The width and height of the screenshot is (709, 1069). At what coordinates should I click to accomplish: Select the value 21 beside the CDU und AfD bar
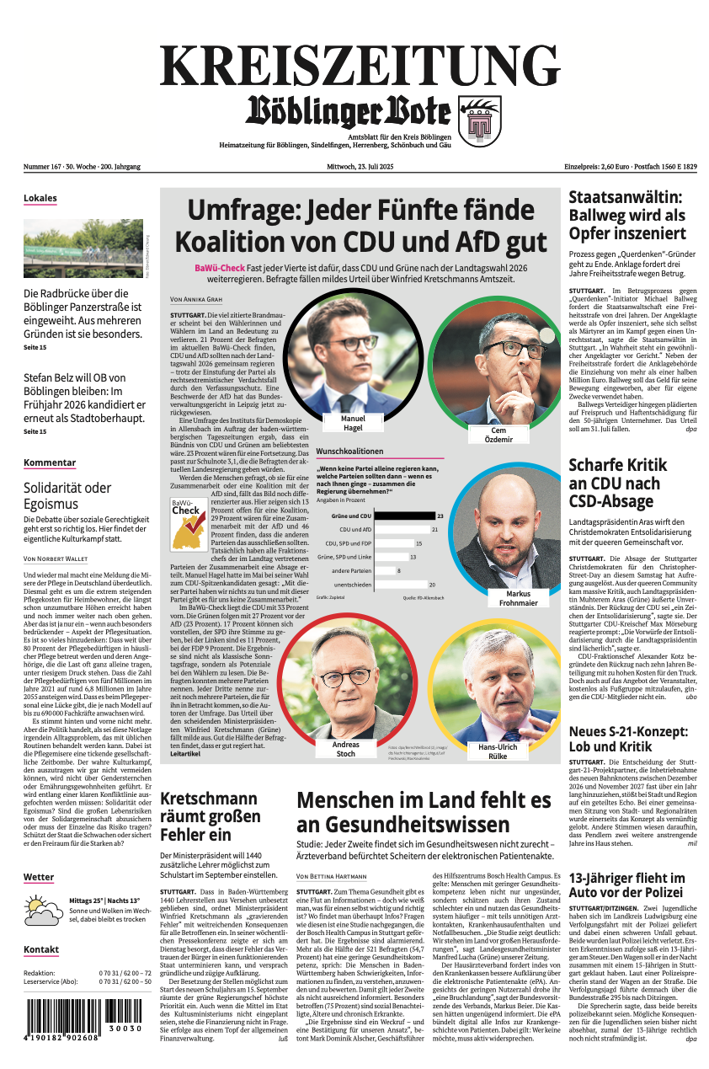click(x=434, y=530)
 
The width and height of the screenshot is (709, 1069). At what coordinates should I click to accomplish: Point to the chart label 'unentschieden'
click(x=353, y=585)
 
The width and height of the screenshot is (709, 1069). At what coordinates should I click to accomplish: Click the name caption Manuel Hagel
click(x=353, y=423)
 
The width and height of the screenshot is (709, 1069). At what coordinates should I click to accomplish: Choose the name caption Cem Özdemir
click(x=498, y=435)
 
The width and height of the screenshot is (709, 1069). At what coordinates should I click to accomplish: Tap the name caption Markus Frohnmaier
click(x=519, y=598)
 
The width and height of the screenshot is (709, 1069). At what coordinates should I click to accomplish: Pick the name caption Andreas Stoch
click(x=345, y=749)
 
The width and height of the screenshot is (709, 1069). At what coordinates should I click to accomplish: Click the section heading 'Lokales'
click(x=40, y=199)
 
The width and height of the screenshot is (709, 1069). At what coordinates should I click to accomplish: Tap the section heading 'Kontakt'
click(x=41, y=949)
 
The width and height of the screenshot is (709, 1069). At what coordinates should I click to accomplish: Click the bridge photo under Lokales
click(x=83, y=249)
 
